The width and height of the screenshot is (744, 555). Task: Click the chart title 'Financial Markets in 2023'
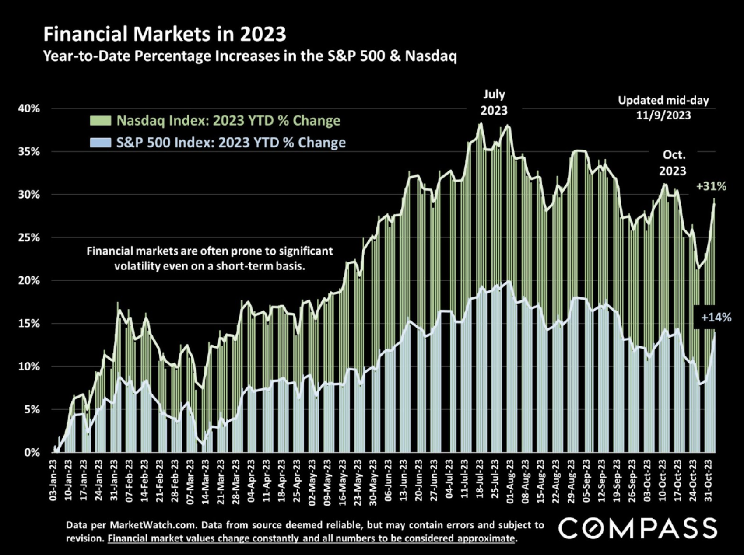(165, 34)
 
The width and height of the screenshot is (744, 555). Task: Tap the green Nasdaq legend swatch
(100, 121)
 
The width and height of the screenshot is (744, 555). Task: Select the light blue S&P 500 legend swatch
(100, 143)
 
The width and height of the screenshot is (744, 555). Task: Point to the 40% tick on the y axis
(28, 108)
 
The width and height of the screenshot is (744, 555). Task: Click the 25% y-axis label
(28, 238)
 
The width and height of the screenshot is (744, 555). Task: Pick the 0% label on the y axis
(31, 453)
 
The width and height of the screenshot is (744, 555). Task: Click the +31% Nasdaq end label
(711, 187)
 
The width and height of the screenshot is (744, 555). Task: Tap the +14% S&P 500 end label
(716, 318)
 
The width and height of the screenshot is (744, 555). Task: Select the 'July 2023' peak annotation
(494, 103)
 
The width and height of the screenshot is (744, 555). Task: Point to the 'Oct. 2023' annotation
(673, 163)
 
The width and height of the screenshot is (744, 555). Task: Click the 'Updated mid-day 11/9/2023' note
(663, 108)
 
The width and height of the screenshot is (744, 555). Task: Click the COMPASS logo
(638, 528)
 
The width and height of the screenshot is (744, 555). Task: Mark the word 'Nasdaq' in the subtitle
(431, 56)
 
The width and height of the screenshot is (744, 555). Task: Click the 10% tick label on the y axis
(28, 367)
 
